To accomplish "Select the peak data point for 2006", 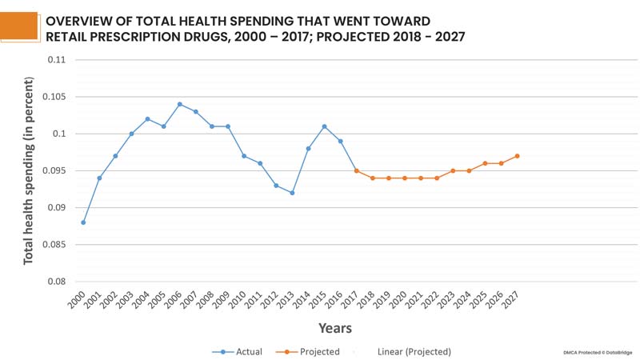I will point(179,104).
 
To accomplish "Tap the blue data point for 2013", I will point(292,193).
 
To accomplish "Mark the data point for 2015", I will point(324,126).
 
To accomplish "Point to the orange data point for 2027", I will point(517,156).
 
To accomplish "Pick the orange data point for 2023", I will point(453,170).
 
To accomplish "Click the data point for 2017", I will point(356,170).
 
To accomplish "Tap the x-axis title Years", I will point(334,328).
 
